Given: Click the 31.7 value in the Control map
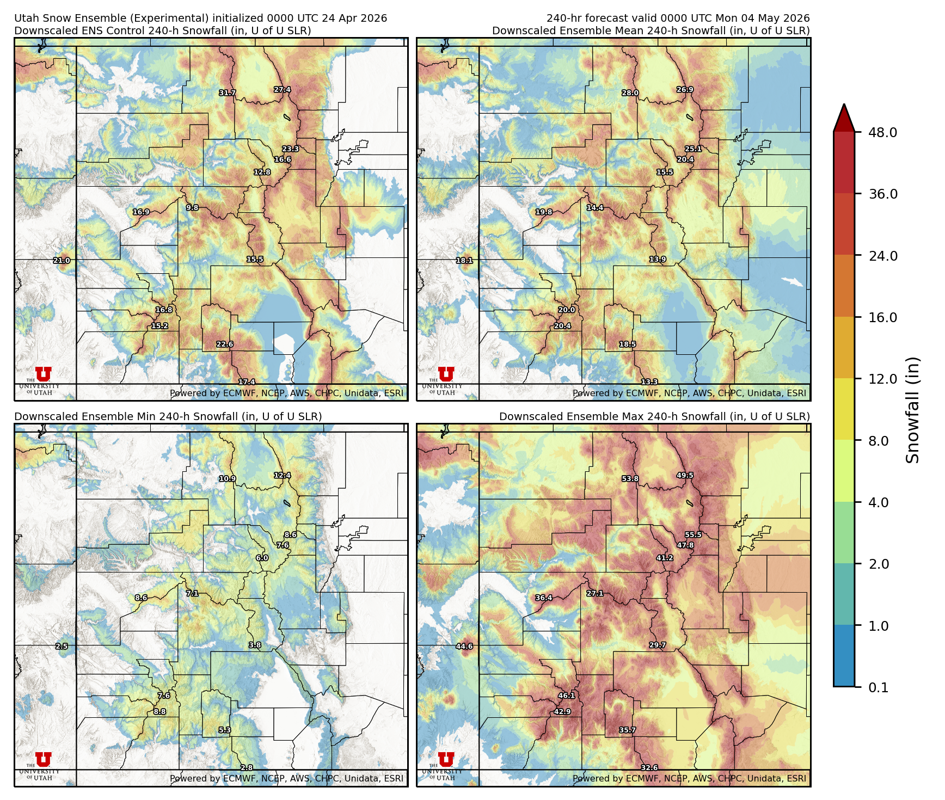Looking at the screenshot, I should pos(228,93).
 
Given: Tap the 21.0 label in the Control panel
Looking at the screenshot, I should pos(62,261).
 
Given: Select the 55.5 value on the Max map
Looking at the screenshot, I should pos(693,534).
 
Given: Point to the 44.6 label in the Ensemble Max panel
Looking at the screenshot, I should pos(464,647).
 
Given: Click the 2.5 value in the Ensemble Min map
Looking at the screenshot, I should pos(62,647).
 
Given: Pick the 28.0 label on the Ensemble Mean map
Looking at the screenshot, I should pos(630,93).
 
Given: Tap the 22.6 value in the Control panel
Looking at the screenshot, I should pos(225,344).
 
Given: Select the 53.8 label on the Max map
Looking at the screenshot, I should pos(630,479).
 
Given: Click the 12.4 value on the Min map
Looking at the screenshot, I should pos(282,476).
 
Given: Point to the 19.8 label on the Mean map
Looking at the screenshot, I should pos(544,212).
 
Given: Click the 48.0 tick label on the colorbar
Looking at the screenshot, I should pos(882,133).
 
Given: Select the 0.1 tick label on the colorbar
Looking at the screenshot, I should pos(878,688).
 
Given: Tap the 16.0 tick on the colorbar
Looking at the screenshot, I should pos(882,318).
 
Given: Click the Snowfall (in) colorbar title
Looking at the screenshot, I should pos(913,409).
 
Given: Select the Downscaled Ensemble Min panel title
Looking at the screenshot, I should pos(168,416).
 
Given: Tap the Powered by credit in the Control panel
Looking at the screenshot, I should pos(286,393).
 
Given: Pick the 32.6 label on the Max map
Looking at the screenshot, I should pos(649,768).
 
